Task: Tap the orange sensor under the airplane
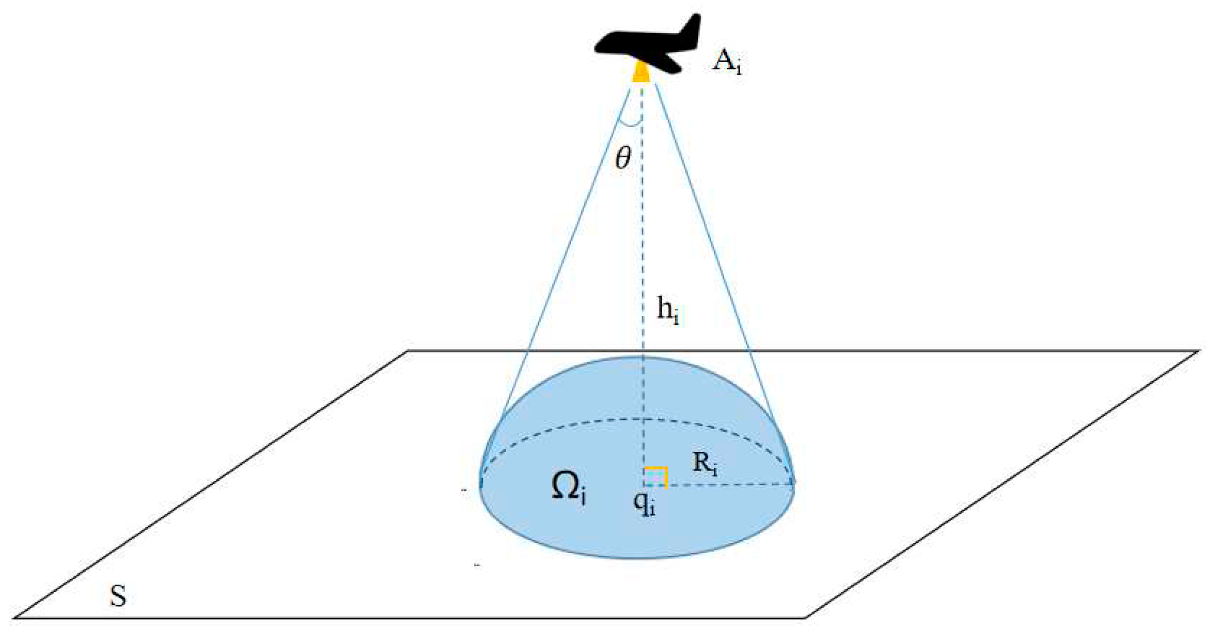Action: pos(642,73)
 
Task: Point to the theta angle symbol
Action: pos(623,158)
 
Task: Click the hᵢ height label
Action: pos(668,311)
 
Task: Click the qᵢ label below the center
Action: pos(644,503)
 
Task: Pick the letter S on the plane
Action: pos(118,596)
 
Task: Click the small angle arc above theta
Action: pos(631,124)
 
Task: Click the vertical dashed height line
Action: pos(643,228)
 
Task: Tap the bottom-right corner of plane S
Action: pos(806,618)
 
